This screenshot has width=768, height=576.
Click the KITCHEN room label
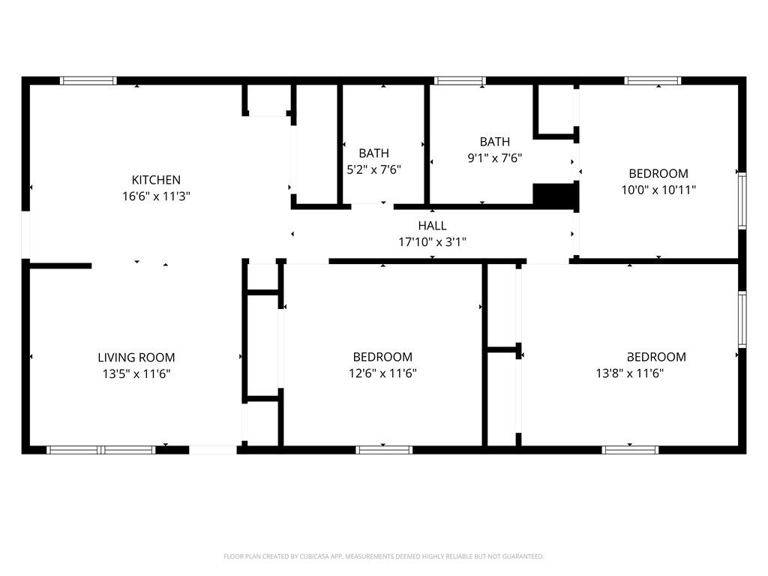pos(156,180)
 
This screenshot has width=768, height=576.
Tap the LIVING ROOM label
pos(136,358)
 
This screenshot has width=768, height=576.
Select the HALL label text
pos(432,226)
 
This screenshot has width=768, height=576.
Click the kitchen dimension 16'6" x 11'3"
pos(156,196)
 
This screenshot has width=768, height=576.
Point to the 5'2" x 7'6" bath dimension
pos(373,169)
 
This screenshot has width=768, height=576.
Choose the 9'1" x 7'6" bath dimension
pos(494,158)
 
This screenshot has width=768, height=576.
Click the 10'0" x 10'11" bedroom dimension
pos(658,190)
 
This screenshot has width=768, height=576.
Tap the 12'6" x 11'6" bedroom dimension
pos(382,373)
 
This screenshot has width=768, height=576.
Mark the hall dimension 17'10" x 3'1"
pos(432,242)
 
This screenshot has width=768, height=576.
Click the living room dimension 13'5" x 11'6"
pos(136,373)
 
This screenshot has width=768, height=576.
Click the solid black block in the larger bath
pos(555,195)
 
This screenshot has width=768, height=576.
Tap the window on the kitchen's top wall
pos(88,80)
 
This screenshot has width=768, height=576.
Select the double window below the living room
pos(101,450)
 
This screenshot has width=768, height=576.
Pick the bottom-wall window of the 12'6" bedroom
pos(384,450)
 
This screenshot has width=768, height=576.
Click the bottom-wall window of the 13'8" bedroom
pos(630,450)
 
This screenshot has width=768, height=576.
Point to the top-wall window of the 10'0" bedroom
pos(653,80)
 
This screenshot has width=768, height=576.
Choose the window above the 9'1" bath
pos(460,80)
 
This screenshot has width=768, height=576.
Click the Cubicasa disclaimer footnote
pos(384,556)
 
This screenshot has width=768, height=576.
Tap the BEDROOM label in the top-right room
pos(658,174)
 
